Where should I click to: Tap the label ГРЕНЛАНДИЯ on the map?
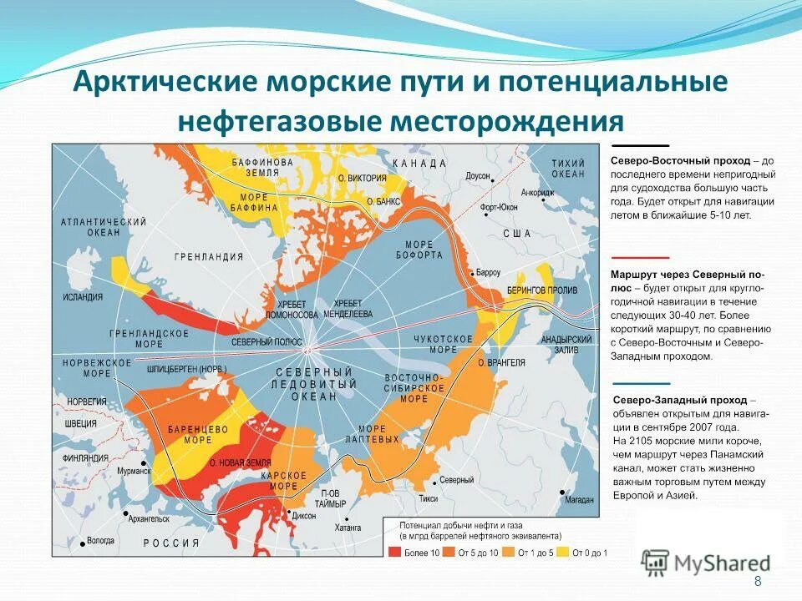click(x=209, y=257)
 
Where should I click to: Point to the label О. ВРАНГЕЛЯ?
click(x=501, y=362)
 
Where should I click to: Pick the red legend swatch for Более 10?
click(x=395, y=552)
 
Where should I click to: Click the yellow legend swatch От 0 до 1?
click(x=564, y=552)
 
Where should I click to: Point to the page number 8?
click(x=758, y=582)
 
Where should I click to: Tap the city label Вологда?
click(x=99, y=541)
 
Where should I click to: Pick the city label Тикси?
click(x=428, y=498)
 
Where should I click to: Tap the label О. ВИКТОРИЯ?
click(x=362, y=178)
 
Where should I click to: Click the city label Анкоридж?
click(x=537, y=191)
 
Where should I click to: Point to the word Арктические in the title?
click(x=165, y=84)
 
